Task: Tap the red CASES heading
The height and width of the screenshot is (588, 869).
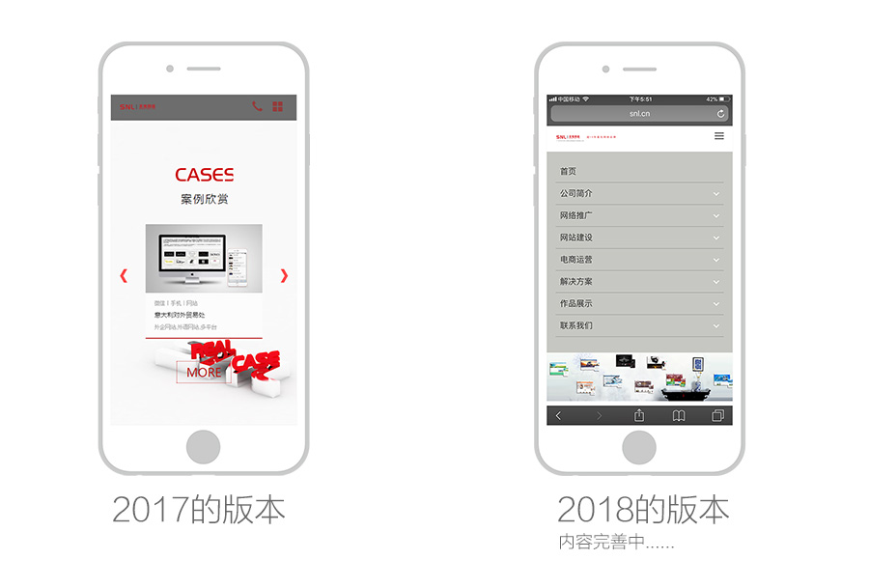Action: [x=204, y=175]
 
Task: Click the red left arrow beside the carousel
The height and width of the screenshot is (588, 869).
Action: [x=124, y=275]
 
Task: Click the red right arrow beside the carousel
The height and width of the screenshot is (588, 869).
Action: [x=284, y=275]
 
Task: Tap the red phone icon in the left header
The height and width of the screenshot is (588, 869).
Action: [x=257, y=106]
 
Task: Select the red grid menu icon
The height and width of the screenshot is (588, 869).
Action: [x=278, y=106]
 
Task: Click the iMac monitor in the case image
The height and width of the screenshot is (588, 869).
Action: [x=191, y=256]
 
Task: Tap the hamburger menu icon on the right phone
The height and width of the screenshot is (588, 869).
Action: [x=718, y=136]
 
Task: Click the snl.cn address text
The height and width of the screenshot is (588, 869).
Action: [x=639, y=114]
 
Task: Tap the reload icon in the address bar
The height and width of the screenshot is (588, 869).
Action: [x=720, y=114]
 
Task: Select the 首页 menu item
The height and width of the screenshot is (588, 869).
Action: [x=569, y=172]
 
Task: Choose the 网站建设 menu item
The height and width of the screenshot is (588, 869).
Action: [x=576, y=238]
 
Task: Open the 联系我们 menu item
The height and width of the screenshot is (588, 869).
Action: [x=576, y=325]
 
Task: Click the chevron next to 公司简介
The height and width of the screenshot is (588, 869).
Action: [x=716, y=194]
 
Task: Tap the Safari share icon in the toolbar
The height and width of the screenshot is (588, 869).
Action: [x=639, y=416]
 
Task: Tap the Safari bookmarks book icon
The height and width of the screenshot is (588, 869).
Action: [x=679, y=416]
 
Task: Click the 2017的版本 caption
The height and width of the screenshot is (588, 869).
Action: [x=199, y=509]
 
